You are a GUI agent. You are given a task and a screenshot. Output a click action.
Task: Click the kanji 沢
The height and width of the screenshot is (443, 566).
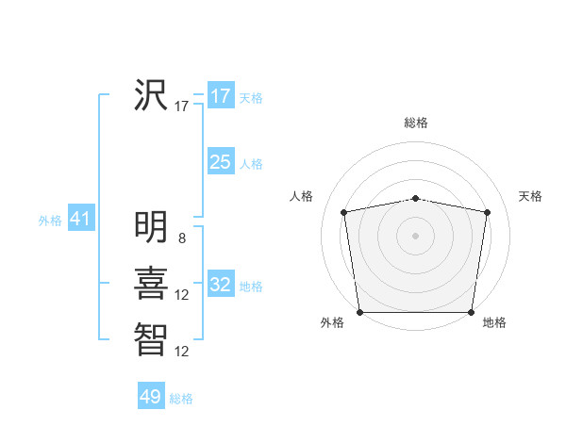click(151, 94)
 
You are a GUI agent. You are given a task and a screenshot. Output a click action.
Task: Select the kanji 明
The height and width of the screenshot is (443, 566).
click(151, 227)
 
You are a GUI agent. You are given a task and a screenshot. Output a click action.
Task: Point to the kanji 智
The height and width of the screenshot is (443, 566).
click(151, 337)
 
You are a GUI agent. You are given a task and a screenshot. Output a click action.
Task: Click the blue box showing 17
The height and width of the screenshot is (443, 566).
click(221, 96)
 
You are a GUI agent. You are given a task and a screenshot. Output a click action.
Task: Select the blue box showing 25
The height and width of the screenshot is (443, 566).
click(221, 162)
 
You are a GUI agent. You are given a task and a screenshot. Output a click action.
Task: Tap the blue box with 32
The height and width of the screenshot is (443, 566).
click(221, 285)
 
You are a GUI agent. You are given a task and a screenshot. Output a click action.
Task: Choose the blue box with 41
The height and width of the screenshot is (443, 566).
click(80, 220)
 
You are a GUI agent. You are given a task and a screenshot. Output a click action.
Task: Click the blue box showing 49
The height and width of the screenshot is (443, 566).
click(151, 397)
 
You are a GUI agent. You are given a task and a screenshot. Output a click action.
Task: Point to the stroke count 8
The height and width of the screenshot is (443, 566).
click(182, 238)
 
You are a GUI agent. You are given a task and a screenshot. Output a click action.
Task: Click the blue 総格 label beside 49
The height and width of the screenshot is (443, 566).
click(181, 399)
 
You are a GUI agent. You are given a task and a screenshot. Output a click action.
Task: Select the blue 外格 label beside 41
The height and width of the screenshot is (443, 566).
click(50, 221)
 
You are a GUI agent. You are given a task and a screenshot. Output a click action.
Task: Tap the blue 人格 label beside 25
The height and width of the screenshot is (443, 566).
click(251, 164)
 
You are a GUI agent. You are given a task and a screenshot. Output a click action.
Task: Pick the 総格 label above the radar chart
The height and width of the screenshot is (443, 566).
click(415, 123)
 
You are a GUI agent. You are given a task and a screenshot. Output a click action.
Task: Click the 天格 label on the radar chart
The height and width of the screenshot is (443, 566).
click(530, 196)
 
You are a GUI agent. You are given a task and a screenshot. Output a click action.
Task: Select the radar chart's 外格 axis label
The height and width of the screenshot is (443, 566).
click(332, 323)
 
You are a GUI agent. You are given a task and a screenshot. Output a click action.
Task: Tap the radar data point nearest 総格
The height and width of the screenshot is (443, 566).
click(415, 198)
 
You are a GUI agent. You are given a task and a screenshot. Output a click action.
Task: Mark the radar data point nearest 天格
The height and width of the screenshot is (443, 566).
click(488, 212)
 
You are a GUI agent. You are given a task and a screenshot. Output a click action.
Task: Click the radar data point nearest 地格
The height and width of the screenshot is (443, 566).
click(471, 312)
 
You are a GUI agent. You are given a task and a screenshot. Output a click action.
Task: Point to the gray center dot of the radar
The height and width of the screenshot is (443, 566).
click(415, 236)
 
